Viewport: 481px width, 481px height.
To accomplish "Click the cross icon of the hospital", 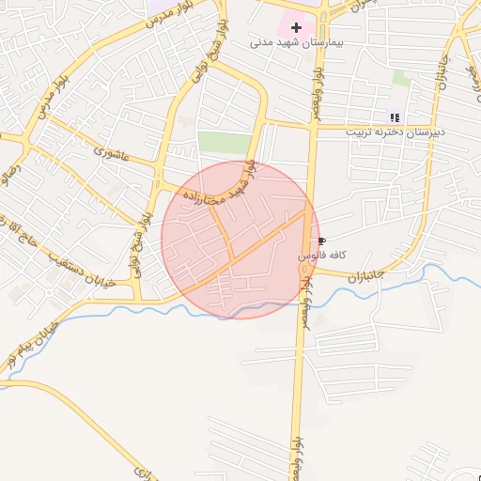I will click(297, 28).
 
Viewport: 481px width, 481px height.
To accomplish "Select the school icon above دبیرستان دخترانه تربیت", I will click(395, 117).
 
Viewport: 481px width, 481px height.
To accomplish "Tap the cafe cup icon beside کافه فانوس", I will click(323, 241).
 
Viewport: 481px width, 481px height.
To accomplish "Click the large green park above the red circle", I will click(225, 143).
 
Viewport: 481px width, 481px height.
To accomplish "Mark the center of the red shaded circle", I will click(240, 240).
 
